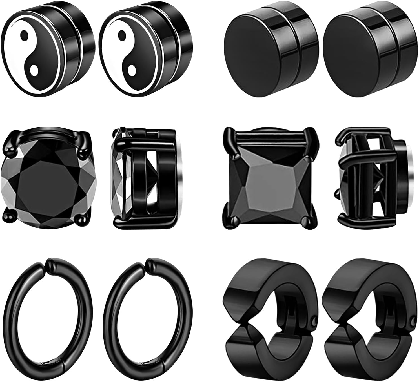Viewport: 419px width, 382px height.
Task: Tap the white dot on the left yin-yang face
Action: (x=34, y=71)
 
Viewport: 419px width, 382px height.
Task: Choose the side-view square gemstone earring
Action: (x=372, y=180)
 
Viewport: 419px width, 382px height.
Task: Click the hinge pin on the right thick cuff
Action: (x=413, y=321)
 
